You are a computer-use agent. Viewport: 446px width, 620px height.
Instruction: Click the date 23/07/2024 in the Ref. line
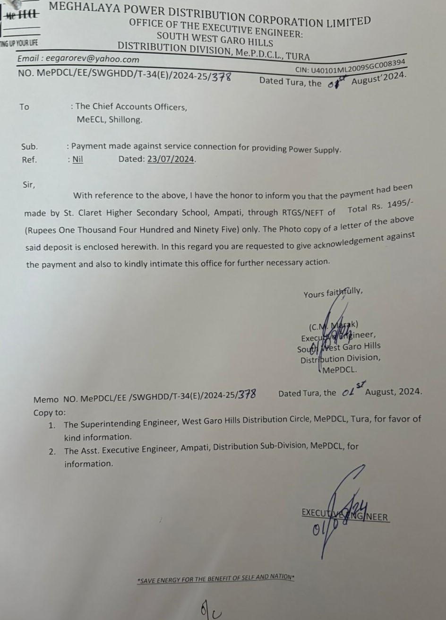[x=171, y=159]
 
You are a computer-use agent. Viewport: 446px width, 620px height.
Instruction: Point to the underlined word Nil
[x=78, y=159]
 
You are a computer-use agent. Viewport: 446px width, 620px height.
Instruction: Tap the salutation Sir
[x=28, y=185]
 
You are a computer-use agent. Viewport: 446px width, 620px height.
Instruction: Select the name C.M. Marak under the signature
[x=334, y=326]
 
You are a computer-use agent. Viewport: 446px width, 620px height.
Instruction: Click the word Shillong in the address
[x=125, y=120]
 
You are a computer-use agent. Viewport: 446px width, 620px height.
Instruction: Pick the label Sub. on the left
[x=29, y=146]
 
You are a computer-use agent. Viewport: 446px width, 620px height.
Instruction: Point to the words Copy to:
[x=50, y=413]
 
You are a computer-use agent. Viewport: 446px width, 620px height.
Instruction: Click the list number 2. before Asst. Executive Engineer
[x=52, y=451]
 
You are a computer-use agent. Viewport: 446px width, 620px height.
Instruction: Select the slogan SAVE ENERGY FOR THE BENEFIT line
[x=216, y=578]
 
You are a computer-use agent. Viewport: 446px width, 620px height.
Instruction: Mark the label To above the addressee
[x=24, y=107]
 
